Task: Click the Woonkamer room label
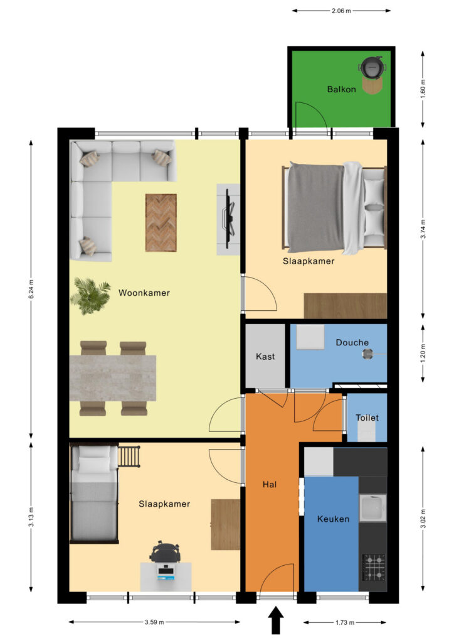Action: point(144,293)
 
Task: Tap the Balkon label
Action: point(341,89)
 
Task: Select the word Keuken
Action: point(333,519)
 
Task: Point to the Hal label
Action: point(270,485)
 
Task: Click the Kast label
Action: point(265,357)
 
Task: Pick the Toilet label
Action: point(367,418)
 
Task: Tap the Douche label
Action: point(352,342)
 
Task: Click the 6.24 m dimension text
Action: point(31,289)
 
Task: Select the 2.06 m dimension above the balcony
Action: point(341,11)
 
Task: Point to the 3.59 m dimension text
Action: point(154,622)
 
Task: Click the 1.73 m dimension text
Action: point(345,622)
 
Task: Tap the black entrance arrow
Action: point(276,620)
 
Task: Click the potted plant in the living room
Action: point(90,295)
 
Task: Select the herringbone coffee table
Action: point(161,223)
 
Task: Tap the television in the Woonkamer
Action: point(230,219)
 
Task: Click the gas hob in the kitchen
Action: point(374,568)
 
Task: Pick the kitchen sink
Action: point(373,507)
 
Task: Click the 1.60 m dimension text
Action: point(423,88)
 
